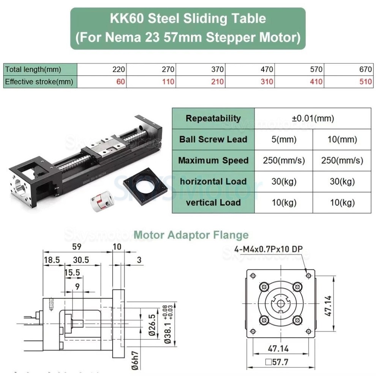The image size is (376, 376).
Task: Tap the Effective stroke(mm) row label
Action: [39, 81]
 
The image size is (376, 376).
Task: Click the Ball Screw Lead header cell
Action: [213, 139]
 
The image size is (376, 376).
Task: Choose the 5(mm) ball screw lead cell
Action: [284, 139]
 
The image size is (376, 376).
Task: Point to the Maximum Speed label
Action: [213, 160]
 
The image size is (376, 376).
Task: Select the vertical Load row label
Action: [213, 202]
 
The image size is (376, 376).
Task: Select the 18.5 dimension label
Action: [52, 260]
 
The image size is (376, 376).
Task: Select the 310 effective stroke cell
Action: [266, 81]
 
